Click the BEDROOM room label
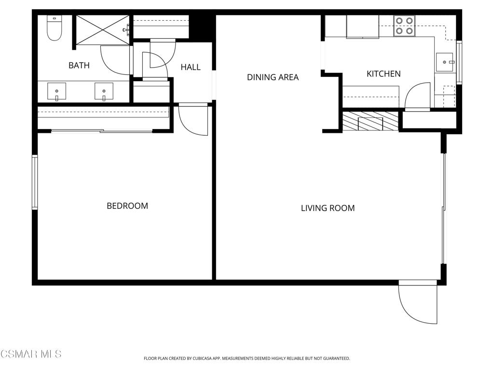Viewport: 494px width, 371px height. tap(127, 206)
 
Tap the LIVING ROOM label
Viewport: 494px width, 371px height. tap(328, 208)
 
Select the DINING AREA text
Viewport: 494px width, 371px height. tap(273, 77)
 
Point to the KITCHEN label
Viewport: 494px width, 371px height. tap(384, 74)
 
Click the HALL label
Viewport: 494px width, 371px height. tap(191, 67)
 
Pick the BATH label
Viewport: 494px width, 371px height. tap(79, 65)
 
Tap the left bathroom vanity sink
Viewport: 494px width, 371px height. tap(57, 92)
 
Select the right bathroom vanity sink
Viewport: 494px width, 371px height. tap(104, 92)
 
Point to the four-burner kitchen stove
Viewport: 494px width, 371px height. tap(404, 26)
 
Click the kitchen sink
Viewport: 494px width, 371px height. tap(445, 62)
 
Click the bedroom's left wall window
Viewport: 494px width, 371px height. tap(35, 182)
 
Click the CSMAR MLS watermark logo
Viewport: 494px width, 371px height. tap(31, 354)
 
